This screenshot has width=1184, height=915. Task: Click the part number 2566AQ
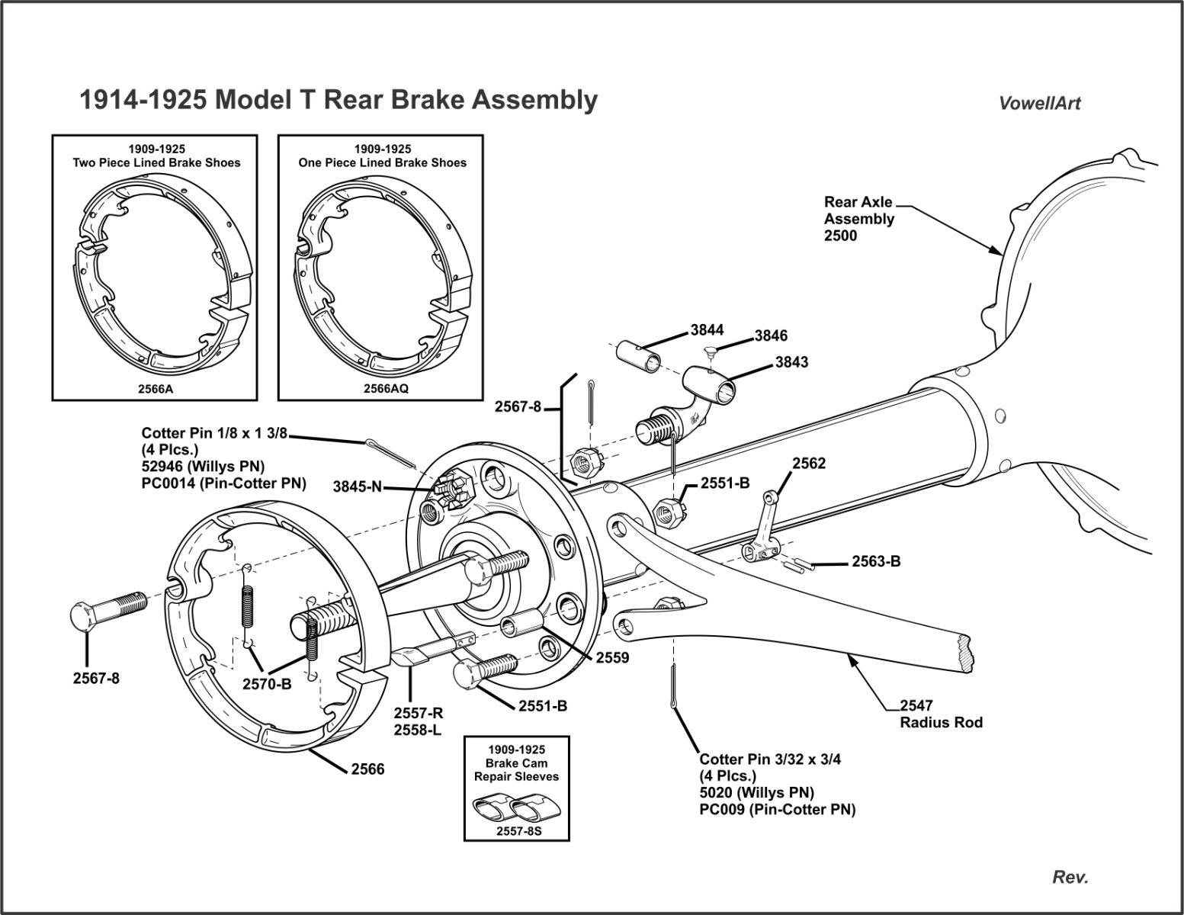point(385,387)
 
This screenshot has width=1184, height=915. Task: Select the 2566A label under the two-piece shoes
point(156,387)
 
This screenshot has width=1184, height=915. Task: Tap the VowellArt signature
point(1039,104)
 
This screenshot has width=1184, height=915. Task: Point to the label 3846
point(771,335)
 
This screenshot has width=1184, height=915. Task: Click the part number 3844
point(707,330)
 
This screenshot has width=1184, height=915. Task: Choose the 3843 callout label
point(792,362)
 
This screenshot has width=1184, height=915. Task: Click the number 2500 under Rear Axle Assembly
point(840,236)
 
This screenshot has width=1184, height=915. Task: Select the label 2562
point(809,464)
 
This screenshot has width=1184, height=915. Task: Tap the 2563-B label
point(876,561)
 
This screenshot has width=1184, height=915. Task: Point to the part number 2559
point(612,657)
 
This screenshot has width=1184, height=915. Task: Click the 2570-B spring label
point(267,684)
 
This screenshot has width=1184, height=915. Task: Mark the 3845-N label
point(357,486)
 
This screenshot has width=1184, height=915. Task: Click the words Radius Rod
point(941,722)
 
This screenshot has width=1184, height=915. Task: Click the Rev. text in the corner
point(1070,878)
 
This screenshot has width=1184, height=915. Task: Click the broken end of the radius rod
point(967,653)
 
